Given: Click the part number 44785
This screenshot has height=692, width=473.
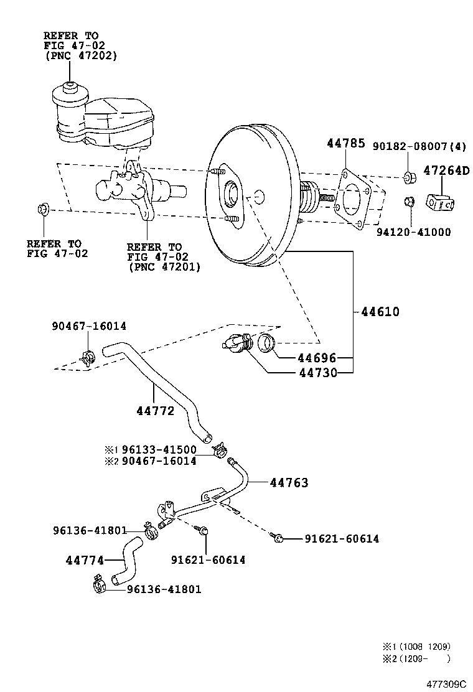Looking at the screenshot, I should [x=345, y=144].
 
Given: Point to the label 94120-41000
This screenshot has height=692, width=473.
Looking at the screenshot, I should [x=413, y=232].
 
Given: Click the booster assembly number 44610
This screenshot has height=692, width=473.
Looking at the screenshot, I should [x=380, y=312].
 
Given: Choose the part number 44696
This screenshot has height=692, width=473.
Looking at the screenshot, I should [x=316, y=358].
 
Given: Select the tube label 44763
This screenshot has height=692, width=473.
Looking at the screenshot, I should [x=289, y=482].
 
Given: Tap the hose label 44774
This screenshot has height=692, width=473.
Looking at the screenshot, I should [x=85, y=560].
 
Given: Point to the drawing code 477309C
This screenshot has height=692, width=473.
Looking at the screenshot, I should [x=446, y=683].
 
